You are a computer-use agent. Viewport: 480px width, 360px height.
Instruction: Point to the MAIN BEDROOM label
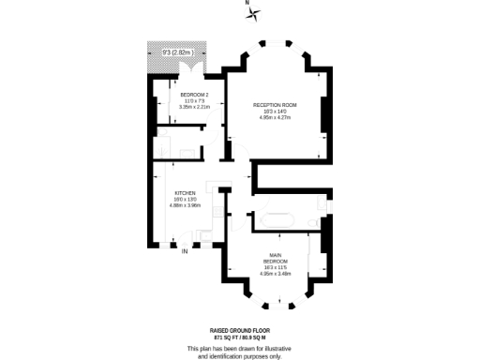click(x=276, y=257)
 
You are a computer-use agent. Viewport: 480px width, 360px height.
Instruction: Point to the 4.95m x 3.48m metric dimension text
click(x=276, y=274)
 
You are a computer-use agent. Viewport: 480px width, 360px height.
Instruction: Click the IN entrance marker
click(x=185, y=251)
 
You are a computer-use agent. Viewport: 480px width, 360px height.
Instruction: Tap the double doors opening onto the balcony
click(x=192, y=67)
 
